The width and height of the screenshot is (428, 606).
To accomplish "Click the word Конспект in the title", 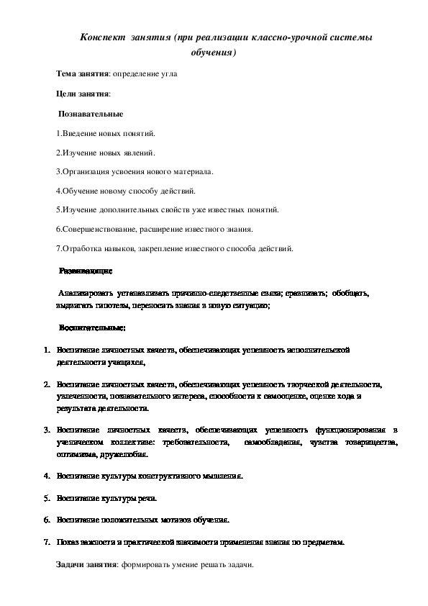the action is point(102,37).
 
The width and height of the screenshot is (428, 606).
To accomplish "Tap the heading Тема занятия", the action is point(82,73).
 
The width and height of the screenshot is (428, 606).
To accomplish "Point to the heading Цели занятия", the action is point(83,94).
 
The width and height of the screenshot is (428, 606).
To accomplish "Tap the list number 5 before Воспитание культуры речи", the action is point(46,498).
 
